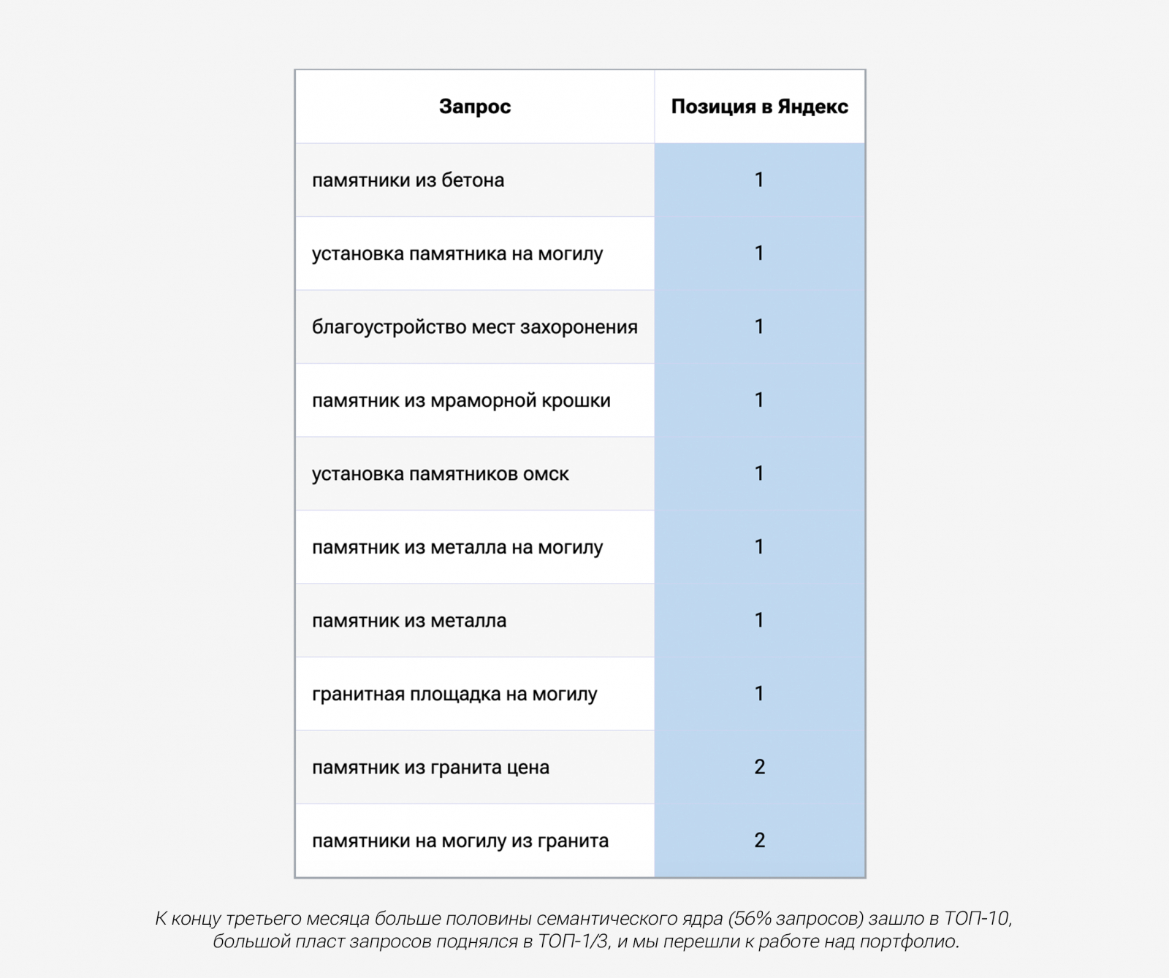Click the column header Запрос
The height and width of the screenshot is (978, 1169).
coord(474,107)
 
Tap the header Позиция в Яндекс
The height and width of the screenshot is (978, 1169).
coord(759,107)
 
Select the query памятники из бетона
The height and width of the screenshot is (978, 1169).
coord(408,180)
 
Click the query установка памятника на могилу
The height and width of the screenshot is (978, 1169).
coord(457,254)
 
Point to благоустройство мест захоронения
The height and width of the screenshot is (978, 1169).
coord(474,327)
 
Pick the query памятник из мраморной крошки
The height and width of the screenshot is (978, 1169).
coord(461,401)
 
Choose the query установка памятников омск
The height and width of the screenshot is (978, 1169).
coord(440,474)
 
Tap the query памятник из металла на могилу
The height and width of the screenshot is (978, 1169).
coord(457,548)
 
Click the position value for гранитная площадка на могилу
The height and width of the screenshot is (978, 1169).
coord(759,693)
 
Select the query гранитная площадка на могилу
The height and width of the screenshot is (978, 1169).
coord(454,694)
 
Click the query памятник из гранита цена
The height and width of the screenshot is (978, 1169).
coord(430,768)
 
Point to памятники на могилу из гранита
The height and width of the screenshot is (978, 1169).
coord(460,841)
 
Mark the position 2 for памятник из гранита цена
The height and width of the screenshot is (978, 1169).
coord(759,767)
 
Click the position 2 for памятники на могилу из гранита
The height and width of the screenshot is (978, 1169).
coord(759,840)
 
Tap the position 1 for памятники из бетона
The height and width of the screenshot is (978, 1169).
coord(759,180)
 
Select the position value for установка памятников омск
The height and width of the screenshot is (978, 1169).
coord(759,473)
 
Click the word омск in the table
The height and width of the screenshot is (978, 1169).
coord(546,474)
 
